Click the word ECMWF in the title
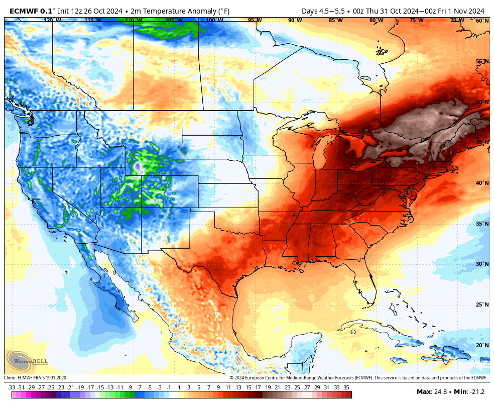[24, 11]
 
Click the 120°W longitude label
[52, 21]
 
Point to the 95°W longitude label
[255, 21]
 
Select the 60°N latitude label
[482, 21]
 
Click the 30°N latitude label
[482, 264]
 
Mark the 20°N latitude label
[482, 345]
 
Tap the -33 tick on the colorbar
[11, 387]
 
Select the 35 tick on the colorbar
[346, 387]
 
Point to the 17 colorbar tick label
[258, 387]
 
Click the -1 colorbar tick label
[169, 387]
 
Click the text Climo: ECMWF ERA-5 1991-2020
[35, 378]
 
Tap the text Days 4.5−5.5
[319, 11]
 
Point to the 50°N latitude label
[482, 102]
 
